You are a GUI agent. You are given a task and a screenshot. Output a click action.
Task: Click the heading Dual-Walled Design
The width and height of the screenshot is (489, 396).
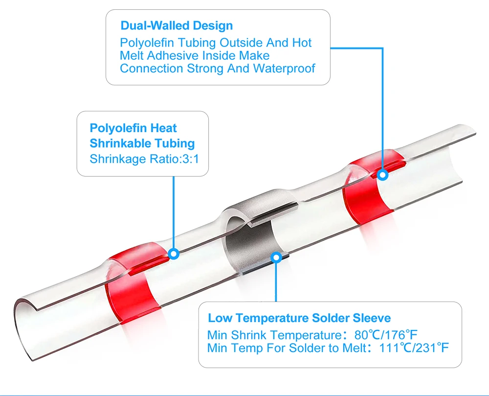click(x=177, y=25)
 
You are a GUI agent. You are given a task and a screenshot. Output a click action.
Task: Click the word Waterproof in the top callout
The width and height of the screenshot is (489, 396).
click(x=284, y=68)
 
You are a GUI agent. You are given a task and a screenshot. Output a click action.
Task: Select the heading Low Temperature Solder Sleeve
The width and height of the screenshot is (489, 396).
click(x=299, y=318)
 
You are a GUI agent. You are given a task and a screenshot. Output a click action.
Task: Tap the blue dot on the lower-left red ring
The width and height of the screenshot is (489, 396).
click(x=173, y=254)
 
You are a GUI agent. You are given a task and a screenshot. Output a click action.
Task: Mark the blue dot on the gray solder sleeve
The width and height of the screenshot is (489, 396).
click(x=276, y=256)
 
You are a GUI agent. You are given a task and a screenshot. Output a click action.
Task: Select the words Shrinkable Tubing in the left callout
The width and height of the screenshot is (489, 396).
click(x=142, y=143)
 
